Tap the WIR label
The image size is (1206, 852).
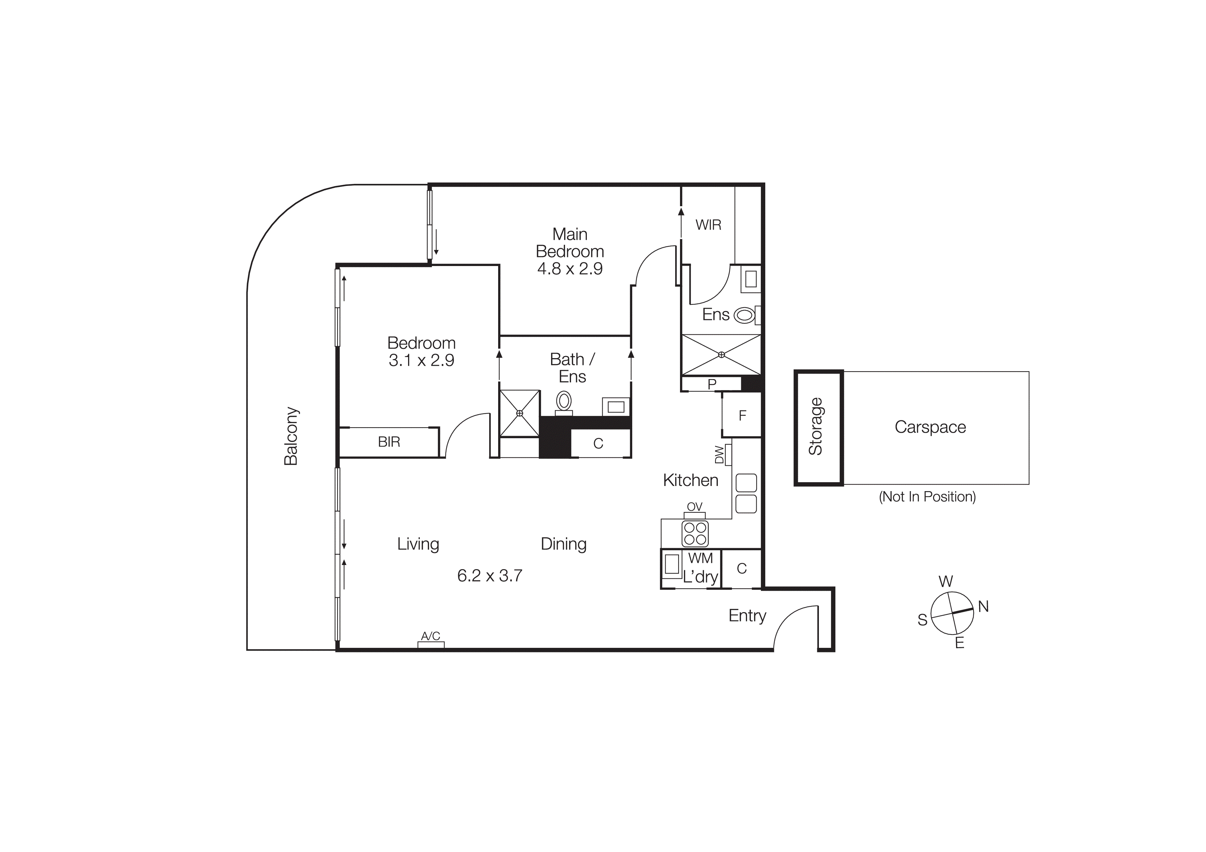(x=708, y=225)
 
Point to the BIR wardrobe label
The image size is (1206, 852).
(x=389, y=442)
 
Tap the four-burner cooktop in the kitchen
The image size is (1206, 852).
(x=695, y=533)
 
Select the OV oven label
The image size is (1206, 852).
(x=694, y=507)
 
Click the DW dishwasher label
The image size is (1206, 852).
(x=719, y=455)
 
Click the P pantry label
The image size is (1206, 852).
(x=712, y=384)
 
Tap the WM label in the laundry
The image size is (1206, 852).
(x=700, y=558)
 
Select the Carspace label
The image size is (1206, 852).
(x=930, y=427)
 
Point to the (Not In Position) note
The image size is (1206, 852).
(x=927, y=497)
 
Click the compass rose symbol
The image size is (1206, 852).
(x=952, y=613)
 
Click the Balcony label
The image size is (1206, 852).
(x=290, y=436)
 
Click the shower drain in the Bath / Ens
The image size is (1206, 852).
(x=519, y=413)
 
